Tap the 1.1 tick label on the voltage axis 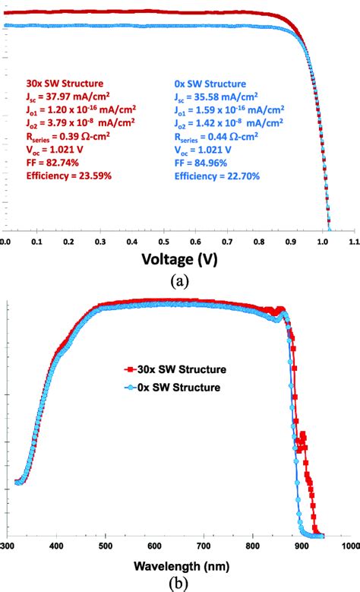(x=353, y=240)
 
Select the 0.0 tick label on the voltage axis (x=6, y=240)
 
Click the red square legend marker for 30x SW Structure (x=131, y=370)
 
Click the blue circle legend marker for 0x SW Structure (x=131, y=387)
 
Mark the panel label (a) (x=179, y=280)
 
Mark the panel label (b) (x=179, y=584)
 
